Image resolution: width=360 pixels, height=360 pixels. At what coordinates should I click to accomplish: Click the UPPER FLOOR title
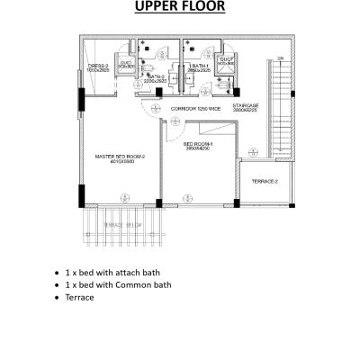[x=180, y=9]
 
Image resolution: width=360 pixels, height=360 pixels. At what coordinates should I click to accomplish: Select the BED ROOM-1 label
[x=198, y=143]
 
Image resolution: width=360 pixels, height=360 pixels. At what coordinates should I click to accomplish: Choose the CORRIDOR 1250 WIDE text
[x=195, y=108]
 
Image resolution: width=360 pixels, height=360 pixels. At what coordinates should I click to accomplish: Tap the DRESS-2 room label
[x=98, y=66]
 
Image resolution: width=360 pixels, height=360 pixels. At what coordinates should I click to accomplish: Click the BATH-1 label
[x=199, y=66]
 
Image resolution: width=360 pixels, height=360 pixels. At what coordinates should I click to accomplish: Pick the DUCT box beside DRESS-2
[x=127, y=64]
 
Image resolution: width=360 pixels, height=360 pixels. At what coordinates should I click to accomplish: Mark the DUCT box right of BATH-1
[x=225, y=62]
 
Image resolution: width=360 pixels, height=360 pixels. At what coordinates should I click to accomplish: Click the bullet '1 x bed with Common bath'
[x=117, y=284]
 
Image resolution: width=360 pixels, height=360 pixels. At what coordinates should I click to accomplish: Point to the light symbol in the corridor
[x=155, y=109]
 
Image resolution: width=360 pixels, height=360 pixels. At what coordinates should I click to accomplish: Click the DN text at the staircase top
[x=281, y=58]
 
